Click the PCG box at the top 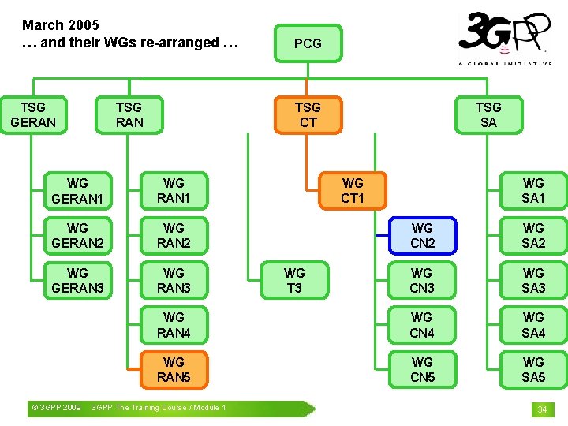[308, 43]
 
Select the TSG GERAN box [33, 114]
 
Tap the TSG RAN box [129, 114]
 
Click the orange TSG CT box [308, 114]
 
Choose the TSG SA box [488, 114]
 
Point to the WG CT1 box [353, 190]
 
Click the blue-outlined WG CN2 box [422, 235]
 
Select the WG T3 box [294, 280]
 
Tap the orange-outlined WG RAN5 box [174, 370]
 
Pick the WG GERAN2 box [77, 235]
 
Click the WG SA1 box [533, 190]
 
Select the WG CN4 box [422, 325]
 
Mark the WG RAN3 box [174, 280]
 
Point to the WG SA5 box [533, 370]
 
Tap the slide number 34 [542, 409]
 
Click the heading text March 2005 [61, 25]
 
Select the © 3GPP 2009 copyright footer [55, 408]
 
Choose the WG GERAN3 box [77, 280]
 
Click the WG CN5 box [422, 370]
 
